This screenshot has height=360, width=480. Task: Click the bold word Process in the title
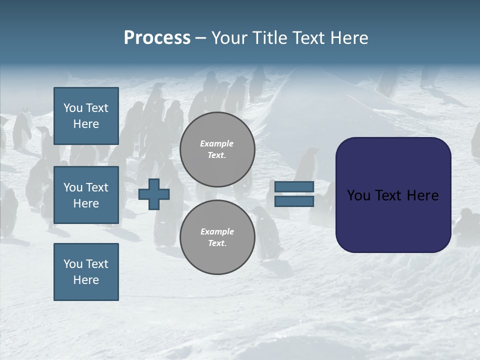[157, 38]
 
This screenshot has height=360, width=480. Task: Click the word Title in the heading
[269, 38]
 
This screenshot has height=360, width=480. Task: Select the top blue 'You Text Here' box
[86, 116]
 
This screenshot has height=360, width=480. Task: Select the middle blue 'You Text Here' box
[86, 195]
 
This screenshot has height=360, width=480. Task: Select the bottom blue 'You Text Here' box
[86, 272]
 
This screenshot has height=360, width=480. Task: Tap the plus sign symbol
[154, 194]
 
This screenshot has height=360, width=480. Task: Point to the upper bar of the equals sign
[294, 187]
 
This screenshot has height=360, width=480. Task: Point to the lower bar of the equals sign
[294, 201]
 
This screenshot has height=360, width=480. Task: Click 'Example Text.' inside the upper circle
[217, 149]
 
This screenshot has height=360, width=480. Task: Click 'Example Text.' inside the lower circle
[217, 237]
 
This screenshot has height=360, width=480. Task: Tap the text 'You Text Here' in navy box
[393, 195]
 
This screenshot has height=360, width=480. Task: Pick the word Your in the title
[229, 38]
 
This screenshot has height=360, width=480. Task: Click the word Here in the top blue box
[86, 124]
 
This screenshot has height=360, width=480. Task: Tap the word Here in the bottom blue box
[86, 280]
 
